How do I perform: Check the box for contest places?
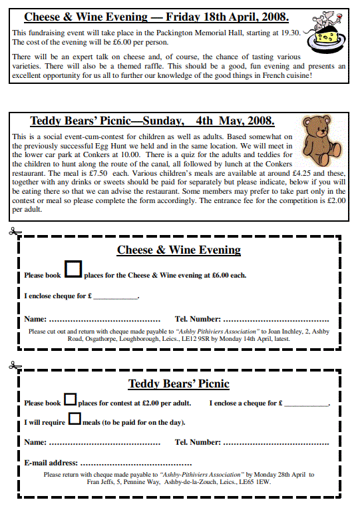point(70,400)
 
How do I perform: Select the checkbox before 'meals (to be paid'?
point(75,419)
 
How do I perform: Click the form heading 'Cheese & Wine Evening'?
point(179,250)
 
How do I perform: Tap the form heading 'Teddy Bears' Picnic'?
point(178,384)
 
